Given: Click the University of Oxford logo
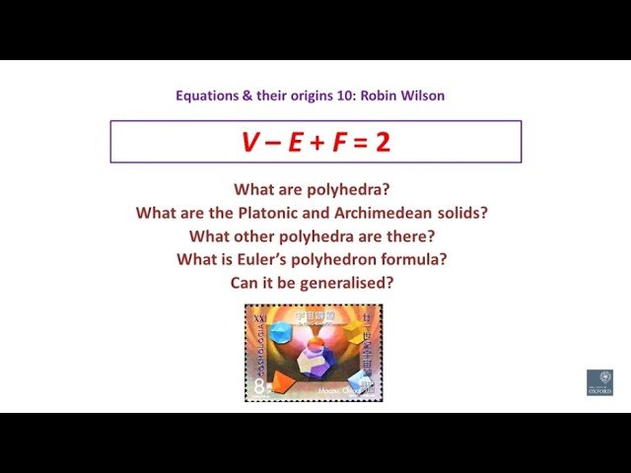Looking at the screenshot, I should click(598, 382).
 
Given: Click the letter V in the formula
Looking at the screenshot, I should click(248, 142).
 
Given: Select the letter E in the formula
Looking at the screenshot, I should click(296, 142).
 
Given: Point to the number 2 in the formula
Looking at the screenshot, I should click(383, 142).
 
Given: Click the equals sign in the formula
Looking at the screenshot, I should click(362, 143).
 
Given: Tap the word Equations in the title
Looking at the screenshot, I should click(205, 97).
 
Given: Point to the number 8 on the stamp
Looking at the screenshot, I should click(257, 388).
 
